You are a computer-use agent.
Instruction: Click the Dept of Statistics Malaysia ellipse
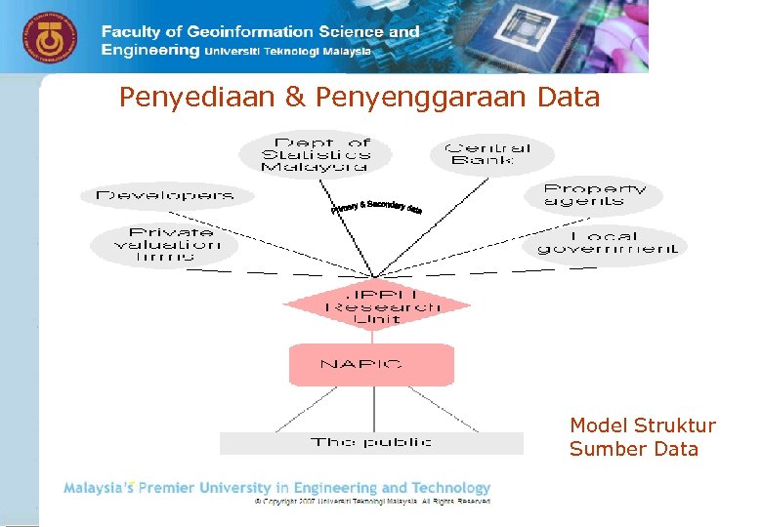316,154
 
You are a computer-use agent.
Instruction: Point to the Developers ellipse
165,195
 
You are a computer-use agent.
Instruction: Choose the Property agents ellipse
594,194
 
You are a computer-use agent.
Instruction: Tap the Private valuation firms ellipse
165,244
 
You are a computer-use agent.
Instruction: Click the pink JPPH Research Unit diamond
377,304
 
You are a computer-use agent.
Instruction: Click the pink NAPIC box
371,364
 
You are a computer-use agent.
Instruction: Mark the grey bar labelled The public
371,443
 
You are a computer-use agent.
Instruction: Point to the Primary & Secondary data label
376,207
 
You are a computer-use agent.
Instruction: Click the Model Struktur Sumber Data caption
642,437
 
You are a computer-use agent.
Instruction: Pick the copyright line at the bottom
371,501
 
